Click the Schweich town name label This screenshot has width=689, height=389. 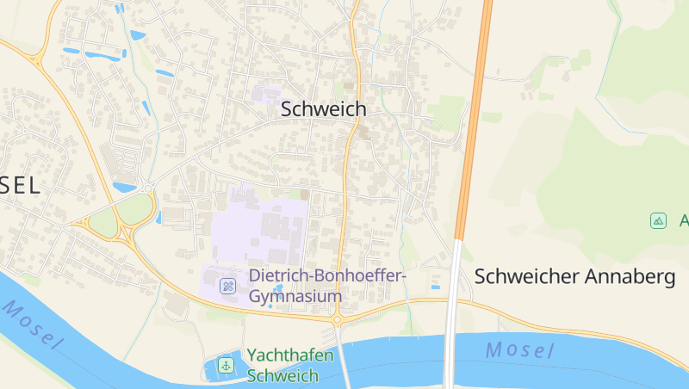pyautogui.click(x=324, y=109)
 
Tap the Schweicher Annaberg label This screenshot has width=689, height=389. pyautogui.click(x=574, y=277)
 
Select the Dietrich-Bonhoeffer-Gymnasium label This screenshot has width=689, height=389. pyautogui.click(x=326, y=286)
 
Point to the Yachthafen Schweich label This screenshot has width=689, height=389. pyautogui.click(x=282, y=365)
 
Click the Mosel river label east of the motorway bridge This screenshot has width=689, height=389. pyautogui.click(x=519, y=349)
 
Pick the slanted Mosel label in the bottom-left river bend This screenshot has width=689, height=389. pyautogui.click(x=32, y=324)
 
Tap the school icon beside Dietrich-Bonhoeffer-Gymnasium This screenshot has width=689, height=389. pyautogui.click(x=228, y=286)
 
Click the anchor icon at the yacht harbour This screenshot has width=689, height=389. pyautogui.click(x=226, y=365)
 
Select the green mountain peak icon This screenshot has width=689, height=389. pyautogui.click(x=658, y=220)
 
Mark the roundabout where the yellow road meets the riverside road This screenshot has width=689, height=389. pyautogui.click(x=337, y=319)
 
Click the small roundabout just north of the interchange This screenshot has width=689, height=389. pyautogui.click(x=149, y=186)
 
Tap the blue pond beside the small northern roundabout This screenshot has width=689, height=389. pyautogui.click(x=125, y=186)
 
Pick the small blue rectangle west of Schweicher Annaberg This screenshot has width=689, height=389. pyautogui.click(x=434, y=285)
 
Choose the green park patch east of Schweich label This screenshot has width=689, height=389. pyautogui.click(x=446, y=113)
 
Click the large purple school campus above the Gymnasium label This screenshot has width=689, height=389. pyautogui.click(x=258, y=228)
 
